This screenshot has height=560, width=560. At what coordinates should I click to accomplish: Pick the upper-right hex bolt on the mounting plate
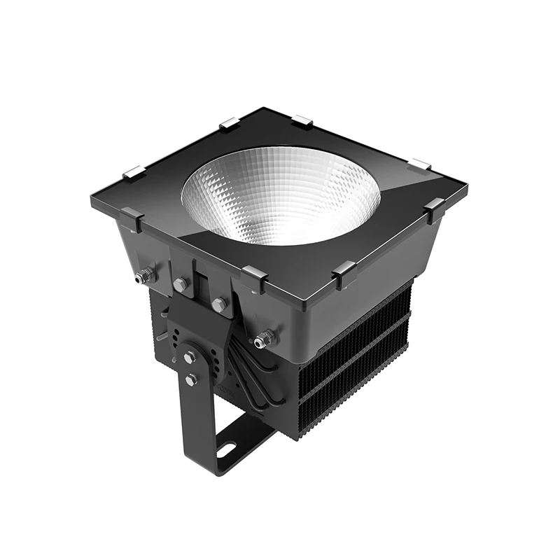(x=219, y=304)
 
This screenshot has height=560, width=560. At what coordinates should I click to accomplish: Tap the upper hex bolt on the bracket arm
(x=190, y=357)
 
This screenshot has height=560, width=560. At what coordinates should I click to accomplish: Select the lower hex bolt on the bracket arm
(x=191, y=379)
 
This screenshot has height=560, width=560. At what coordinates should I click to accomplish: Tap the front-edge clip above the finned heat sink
(x=344, y=274)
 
